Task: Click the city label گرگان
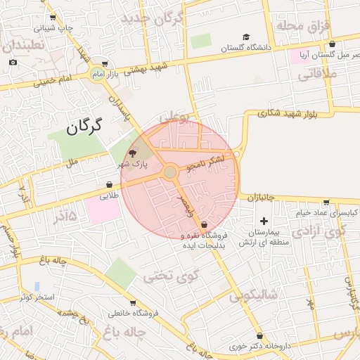coord(84,127)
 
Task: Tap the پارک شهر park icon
coord(133,153)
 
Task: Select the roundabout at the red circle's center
coord(170,172)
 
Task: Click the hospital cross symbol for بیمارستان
coord(264,221)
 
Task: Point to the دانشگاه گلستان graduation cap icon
coord(245,37)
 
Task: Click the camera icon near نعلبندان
coord(13,63)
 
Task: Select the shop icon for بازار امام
coord(105,63)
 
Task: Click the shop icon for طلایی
coord(110,185)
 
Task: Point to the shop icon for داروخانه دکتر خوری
coord(262,336)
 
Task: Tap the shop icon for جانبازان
coord(289,200)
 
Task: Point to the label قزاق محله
coord(300,25)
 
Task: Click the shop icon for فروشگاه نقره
coord(204,225)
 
